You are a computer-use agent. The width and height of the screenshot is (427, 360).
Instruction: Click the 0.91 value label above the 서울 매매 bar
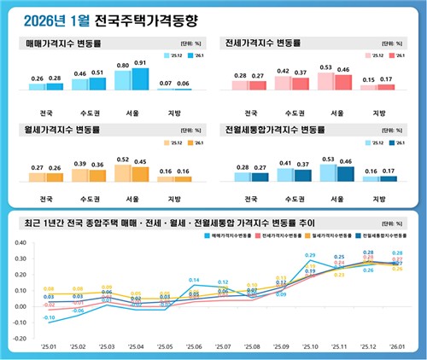(140, 62)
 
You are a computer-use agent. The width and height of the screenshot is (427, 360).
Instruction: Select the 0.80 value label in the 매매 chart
(122, 65)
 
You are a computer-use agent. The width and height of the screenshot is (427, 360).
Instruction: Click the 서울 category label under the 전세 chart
(336, 113)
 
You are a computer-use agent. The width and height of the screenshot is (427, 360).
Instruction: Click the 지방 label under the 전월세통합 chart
(383, 199)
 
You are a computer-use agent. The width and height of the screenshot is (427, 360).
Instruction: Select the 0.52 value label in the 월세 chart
(122, 160)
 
